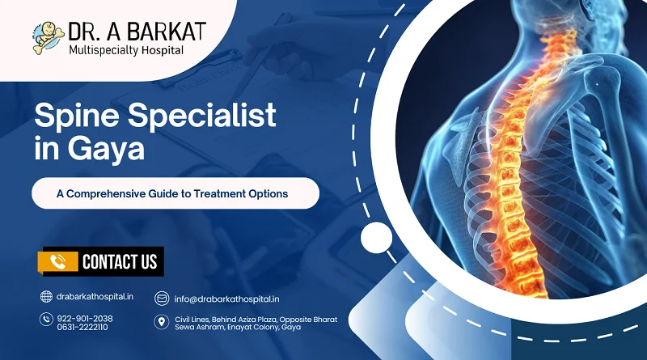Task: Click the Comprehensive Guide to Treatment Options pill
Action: (175, 193)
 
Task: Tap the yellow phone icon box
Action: (57, 260)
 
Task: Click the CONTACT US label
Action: (119, 260)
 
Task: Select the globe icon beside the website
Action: (45, 297)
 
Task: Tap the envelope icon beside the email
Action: (161, 297)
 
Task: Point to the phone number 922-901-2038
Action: (85, 318)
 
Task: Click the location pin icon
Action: (161, 323)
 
